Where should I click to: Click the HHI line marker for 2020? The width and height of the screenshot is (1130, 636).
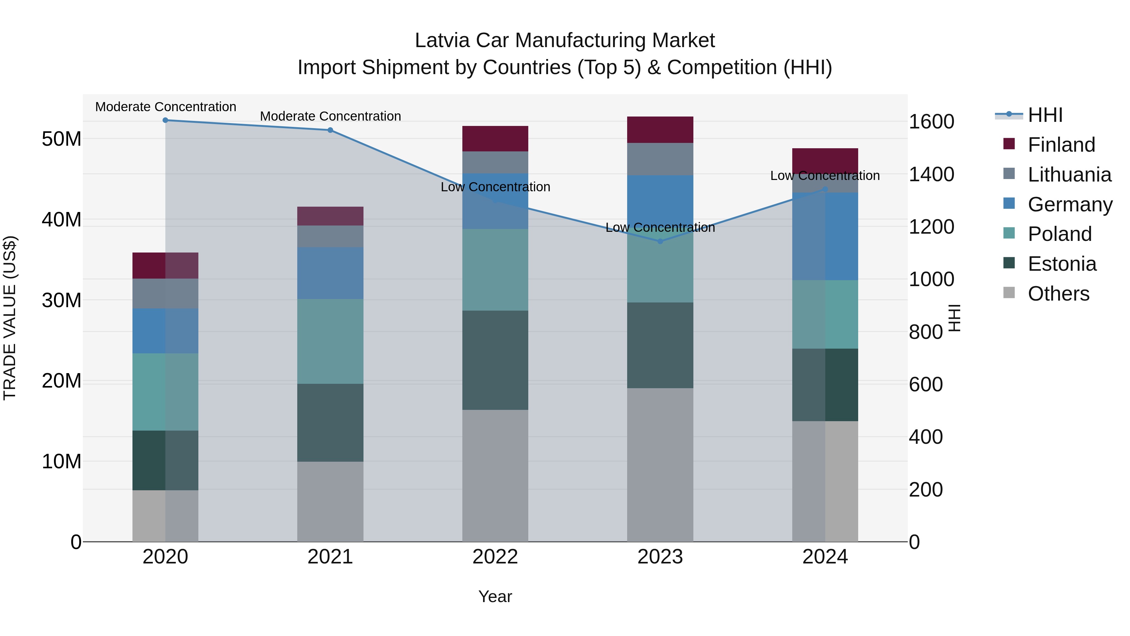pos(165,120)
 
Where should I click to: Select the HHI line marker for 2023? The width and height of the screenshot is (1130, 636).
pos(660,242)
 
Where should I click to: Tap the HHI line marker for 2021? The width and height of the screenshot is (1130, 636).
pos(330,130)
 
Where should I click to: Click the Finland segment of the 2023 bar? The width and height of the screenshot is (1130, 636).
pos(660,130)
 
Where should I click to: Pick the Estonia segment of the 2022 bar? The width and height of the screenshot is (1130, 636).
pos(495,360)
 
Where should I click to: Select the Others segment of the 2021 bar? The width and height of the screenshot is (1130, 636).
pos(330,501)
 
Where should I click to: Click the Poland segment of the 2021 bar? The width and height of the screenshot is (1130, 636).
pos(330,341)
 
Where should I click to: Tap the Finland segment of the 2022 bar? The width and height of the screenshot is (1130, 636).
pos(495,139)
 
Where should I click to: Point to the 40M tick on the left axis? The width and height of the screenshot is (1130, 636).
pos(62,220)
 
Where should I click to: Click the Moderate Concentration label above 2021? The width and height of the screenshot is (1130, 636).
pos(330,116)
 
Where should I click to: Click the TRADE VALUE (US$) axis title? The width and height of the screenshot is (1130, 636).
pos(10,318)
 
